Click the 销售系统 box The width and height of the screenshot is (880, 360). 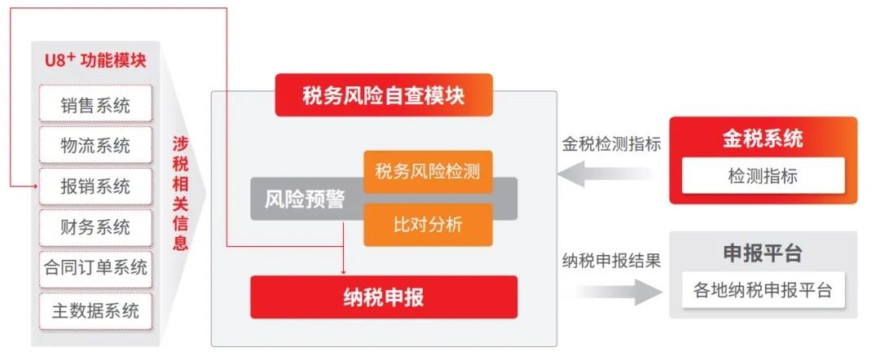[95, 103]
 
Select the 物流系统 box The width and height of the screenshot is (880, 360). [95, 145]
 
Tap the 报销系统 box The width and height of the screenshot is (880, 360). [95, 187]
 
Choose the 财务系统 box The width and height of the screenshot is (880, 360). [95, 228]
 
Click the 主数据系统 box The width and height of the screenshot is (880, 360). [95, 310]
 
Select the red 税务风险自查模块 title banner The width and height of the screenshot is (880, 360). [384, 95]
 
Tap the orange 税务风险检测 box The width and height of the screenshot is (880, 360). [428, 172]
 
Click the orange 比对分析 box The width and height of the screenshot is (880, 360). [428, 225]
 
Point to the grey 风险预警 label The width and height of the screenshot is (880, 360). [305, 200]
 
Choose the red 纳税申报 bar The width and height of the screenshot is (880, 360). [384, 297]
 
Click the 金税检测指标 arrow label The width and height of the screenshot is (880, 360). [612, 144]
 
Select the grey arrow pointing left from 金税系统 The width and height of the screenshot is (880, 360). [609, 173]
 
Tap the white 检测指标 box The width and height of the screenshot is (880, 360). [763, 176]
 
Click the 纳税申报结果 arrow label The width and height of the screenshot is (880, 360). [612, 261]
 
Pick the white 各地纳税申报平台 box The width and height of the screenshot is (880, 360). [763, 291]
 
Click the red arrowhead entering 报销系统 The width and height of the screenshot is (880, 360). [35, 187]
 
